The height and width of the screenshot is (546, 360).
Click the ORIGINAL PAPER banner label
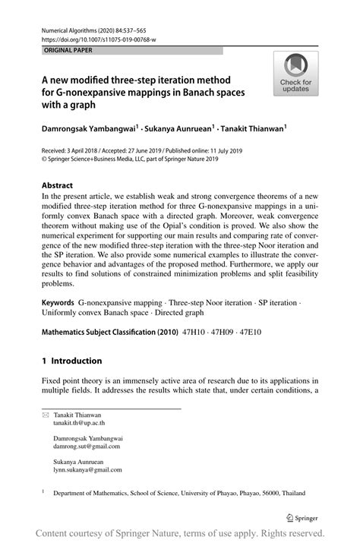(x=67, y=50)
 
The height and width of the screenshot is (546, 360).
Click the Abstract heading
(x=57, y=185)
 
